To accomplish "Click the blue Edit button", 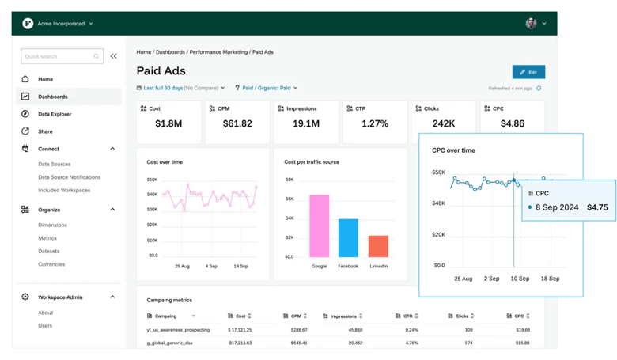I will (528, 72).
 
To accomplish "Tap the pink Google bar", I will (319, 225).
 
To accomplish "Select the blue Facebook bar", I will (348, 238).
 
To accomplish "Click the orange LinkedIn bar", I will (378, 246).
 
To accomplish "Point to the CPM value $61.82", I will (237, 123).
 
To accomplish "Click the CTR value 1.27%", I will (374, 123).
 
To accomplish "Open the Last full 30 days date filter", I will (180, 88).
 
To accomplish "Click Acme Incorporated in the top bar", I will (62, 24).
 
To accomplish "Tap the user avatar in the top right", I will (531, 24).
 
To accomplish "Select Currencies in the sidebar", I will (51, 264).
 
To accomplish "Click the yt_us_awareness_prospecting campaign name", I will (177, 329).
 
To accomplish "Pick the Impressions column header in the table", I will (345, 315).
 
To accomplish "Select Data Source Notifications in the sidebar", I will (70, 177).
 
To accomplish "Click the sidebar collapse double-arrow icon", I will (114, 56).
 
